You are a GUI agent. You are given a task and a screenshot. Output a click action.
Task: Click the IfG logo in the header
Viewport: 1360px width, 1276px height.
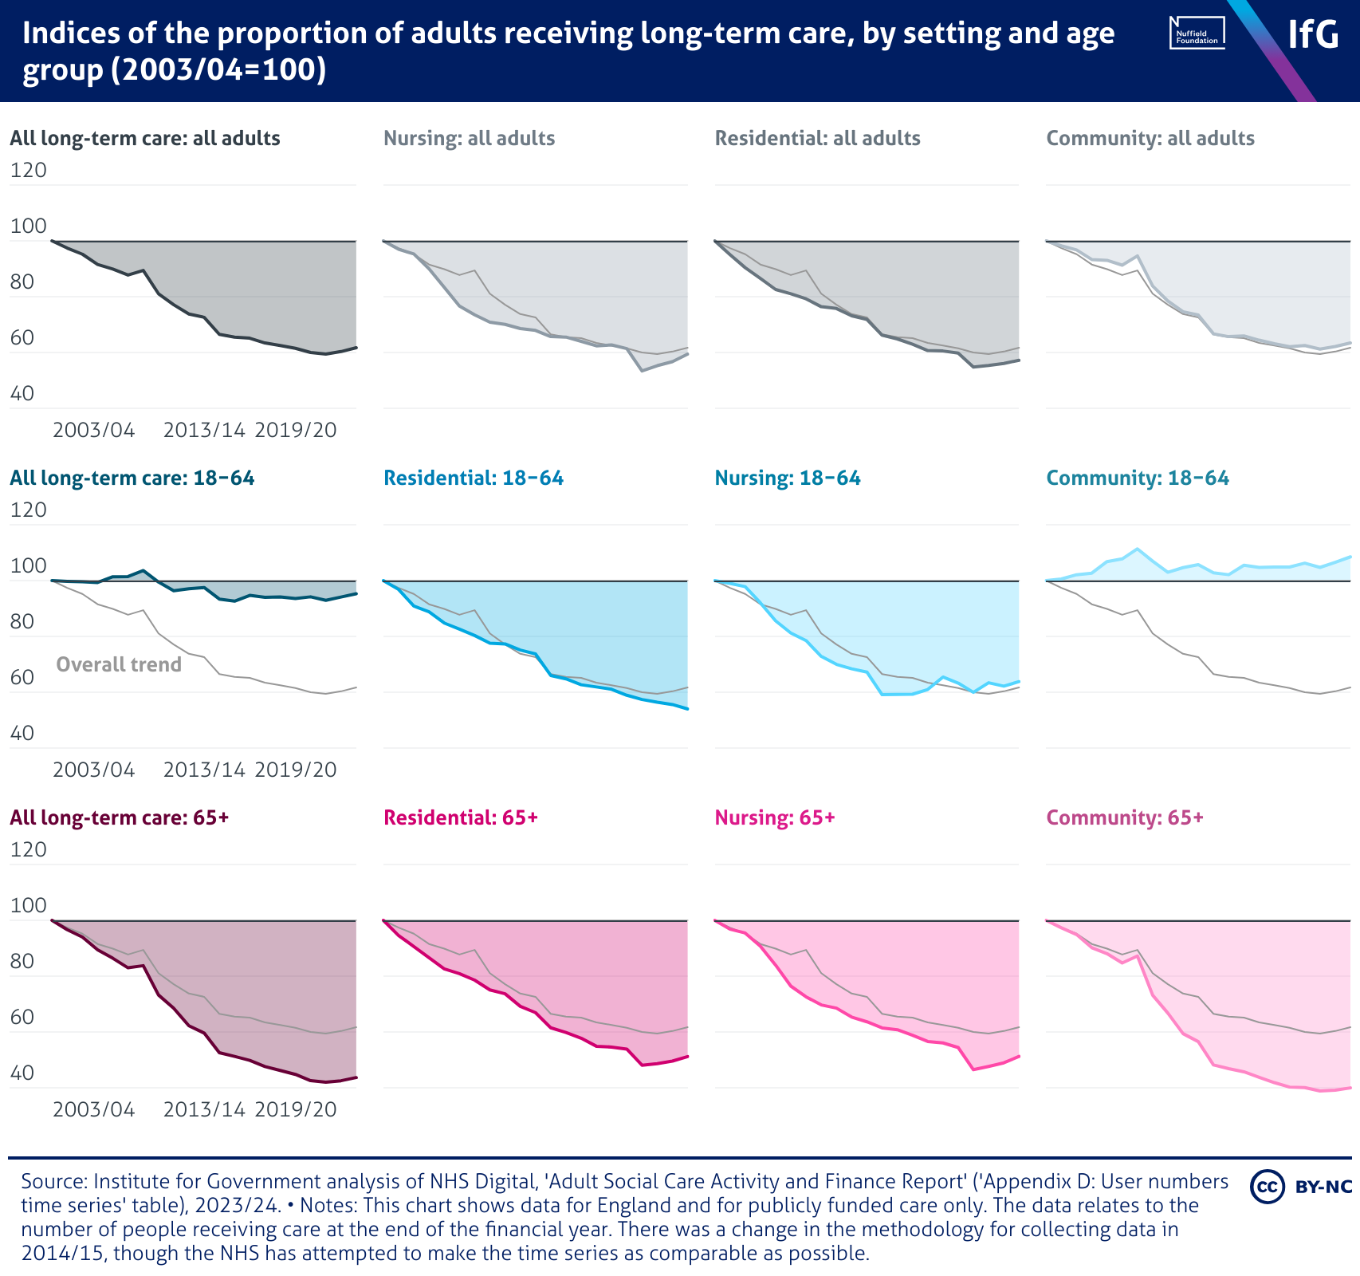click(x=1313, y=33)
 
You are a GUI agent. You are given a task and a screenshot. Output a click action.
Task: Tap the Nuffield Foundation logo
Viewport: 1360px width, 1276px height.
click(x=1197, y=33)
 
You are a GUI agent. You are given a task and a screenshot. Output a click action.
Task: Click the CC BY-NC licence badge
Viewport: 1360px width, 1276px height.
click(x=1301, y=1186)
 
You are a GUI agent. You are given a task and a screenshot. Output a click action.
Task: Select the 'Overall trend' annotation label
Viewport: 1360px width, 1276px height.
click(x=119, y=664)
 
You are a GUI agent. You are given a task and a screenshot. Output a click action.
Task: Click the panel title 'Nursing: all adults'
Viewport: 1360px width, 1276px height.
click(x=469, y=138)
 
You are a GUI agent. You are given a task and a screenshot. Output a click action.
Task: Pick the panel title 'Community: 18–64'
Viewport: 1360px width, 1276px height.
click(x=1137, y=478)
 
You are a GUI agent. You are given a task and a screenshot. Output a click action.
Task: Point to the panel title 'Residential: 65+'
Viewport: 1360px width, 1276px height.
click(x=461, y=817)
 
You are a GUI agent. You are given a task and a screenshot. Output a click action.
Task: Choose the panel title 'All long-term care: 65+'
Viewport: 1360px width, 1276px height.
click(x=120, y=817)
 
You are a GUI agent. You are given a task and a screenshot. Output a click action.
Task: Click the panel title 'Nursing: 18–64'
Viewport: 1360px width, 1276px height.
click(x=788, y=478)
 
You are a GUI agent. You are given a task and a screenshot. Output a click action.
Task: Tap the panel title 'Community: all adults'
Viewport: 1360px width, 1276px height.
click(x=1150, y=138)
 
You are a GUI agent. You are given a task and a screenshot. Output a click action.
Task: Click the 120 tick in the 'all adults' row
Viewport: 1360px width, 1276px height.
click(x=29, y=170)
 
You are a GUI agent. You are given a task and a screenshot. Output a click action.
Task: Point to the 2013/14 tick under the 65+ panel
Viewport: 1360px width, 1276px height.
click(x=204, y=1109)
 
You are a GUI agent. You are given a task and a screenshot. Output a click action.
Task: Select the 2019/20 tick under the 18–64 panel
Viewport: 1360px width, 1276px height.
click(x=296, y=770)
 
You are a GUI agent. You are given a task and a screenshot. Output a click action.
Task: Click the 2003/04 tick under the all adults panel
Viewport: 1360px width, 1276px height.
click(x=94, y=430)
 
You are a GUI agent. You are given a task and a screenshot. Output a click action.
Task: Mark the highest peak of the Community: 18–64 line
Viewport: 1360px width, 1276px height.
click(x=1137, y=549)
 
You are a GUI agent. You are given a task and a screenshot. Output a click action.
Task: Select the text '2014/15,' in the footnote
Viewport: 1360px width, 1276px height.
click(x=64, y=1253)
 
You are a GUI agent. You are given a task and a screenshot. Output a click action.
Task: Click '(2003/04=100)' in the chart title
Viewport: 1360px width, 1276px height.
click(x=218, y=70)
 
